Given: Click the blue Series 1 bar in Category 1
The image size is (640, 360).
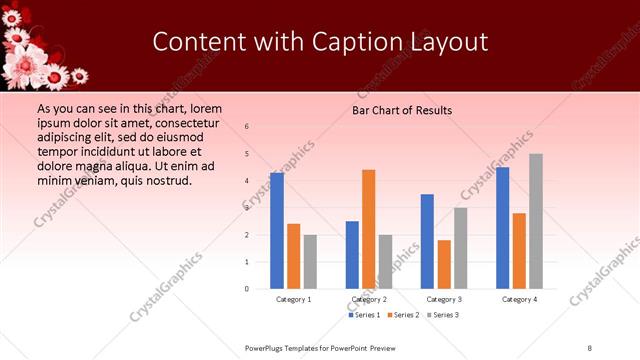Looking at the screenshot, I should click(x=276, y=231).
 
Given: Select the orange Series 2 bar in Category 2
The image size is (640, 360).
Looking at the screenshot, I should click(x=369, y=229).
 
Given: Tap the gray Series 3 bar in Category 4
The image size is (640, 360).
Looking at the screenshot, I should click(x=536, y=221).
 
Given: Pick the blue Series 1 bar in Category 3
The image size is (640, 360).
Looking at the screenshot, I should click(x=427, y=241).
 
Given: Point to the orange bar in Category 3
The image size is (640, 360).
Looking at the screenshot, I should click(x=444, y=264).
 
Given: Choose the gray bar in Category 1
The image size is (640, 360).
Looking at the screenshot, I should click(x=310, y=262).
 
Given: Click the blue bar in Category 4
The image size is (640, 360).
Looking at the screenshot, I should click(x=502, y=228).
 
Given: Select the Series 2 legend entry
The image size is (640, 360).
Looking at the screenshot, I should click(x=400, y=315).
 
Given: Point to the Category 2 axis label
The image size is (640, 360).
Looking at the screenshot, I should click(x=369, y=299).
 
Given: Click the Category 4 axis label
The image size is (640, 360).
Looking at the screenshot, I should click(x=519, y=299).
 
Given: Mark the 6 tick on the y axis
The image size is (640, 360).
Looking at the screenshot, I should click(x=247, y=126).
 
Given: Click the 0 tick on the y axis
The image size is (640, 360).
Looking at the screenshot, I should click(x=247, y=289).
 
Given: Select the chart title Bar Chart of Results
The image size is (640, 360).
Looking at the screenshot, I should click(x=402, y=110).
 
